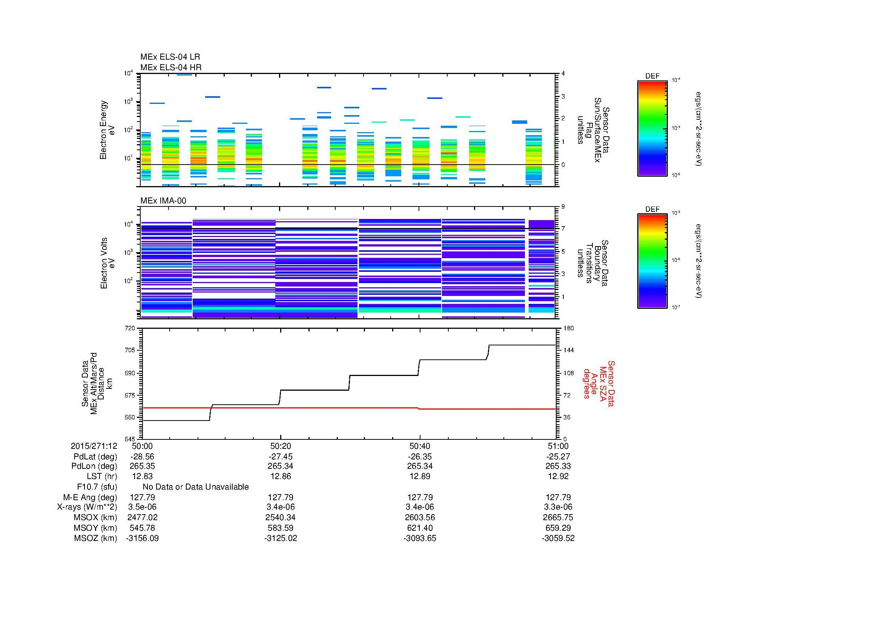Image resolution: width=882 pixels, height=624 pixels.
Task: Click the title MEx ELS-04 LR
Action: click(170, 57)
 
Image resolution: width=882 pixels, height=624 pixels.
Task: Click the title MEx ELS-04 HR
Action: click(170, 67)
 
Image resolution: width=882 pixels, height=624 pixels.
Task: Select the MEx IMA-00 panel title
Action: click(163, 201)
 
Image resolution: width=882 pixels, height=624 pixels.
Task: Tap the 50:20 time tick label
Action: click(281, 446)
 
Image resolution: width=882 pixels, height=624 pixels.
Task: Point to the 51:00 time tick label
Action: click(558, 446)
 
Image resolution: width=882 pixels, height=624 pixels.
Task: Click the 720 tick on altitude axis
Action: click(130, 328)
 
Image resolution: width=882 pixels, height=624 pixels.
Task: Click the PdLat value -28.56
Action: click(142, 456)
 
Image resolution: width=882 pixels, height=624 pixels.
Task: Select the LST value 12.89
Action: click(419, 476)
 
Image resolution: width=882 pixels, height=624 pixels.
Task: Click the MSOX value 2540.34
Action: click(281, 518)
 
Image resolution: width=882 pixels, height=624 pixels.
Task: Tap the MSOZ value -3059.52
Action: click(558, 538)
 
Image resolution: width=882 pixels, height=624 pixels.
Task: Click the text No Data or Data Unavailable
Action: click(196, 487)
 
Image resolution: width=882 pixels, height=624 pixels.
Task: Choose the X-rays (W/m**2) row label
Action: click(87, 507)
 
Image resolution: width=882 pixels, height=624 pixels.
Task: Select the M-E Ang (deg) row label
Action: click(90, 497)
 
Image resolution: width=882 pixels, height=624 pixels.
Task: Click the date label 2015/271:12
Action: click(94, 446)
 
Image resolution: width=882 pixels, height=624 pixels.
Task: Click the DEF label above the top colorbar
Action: click(652, 76)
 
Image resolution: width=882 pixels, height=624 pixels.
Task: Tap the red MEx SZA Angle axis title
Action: click(598, 383)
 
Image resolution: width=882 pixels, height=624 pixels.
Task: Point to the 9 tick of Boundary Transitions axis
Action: click(563, 207)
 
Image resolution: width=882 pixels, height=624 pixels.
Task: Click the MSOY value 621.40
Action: click(419, 528)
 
